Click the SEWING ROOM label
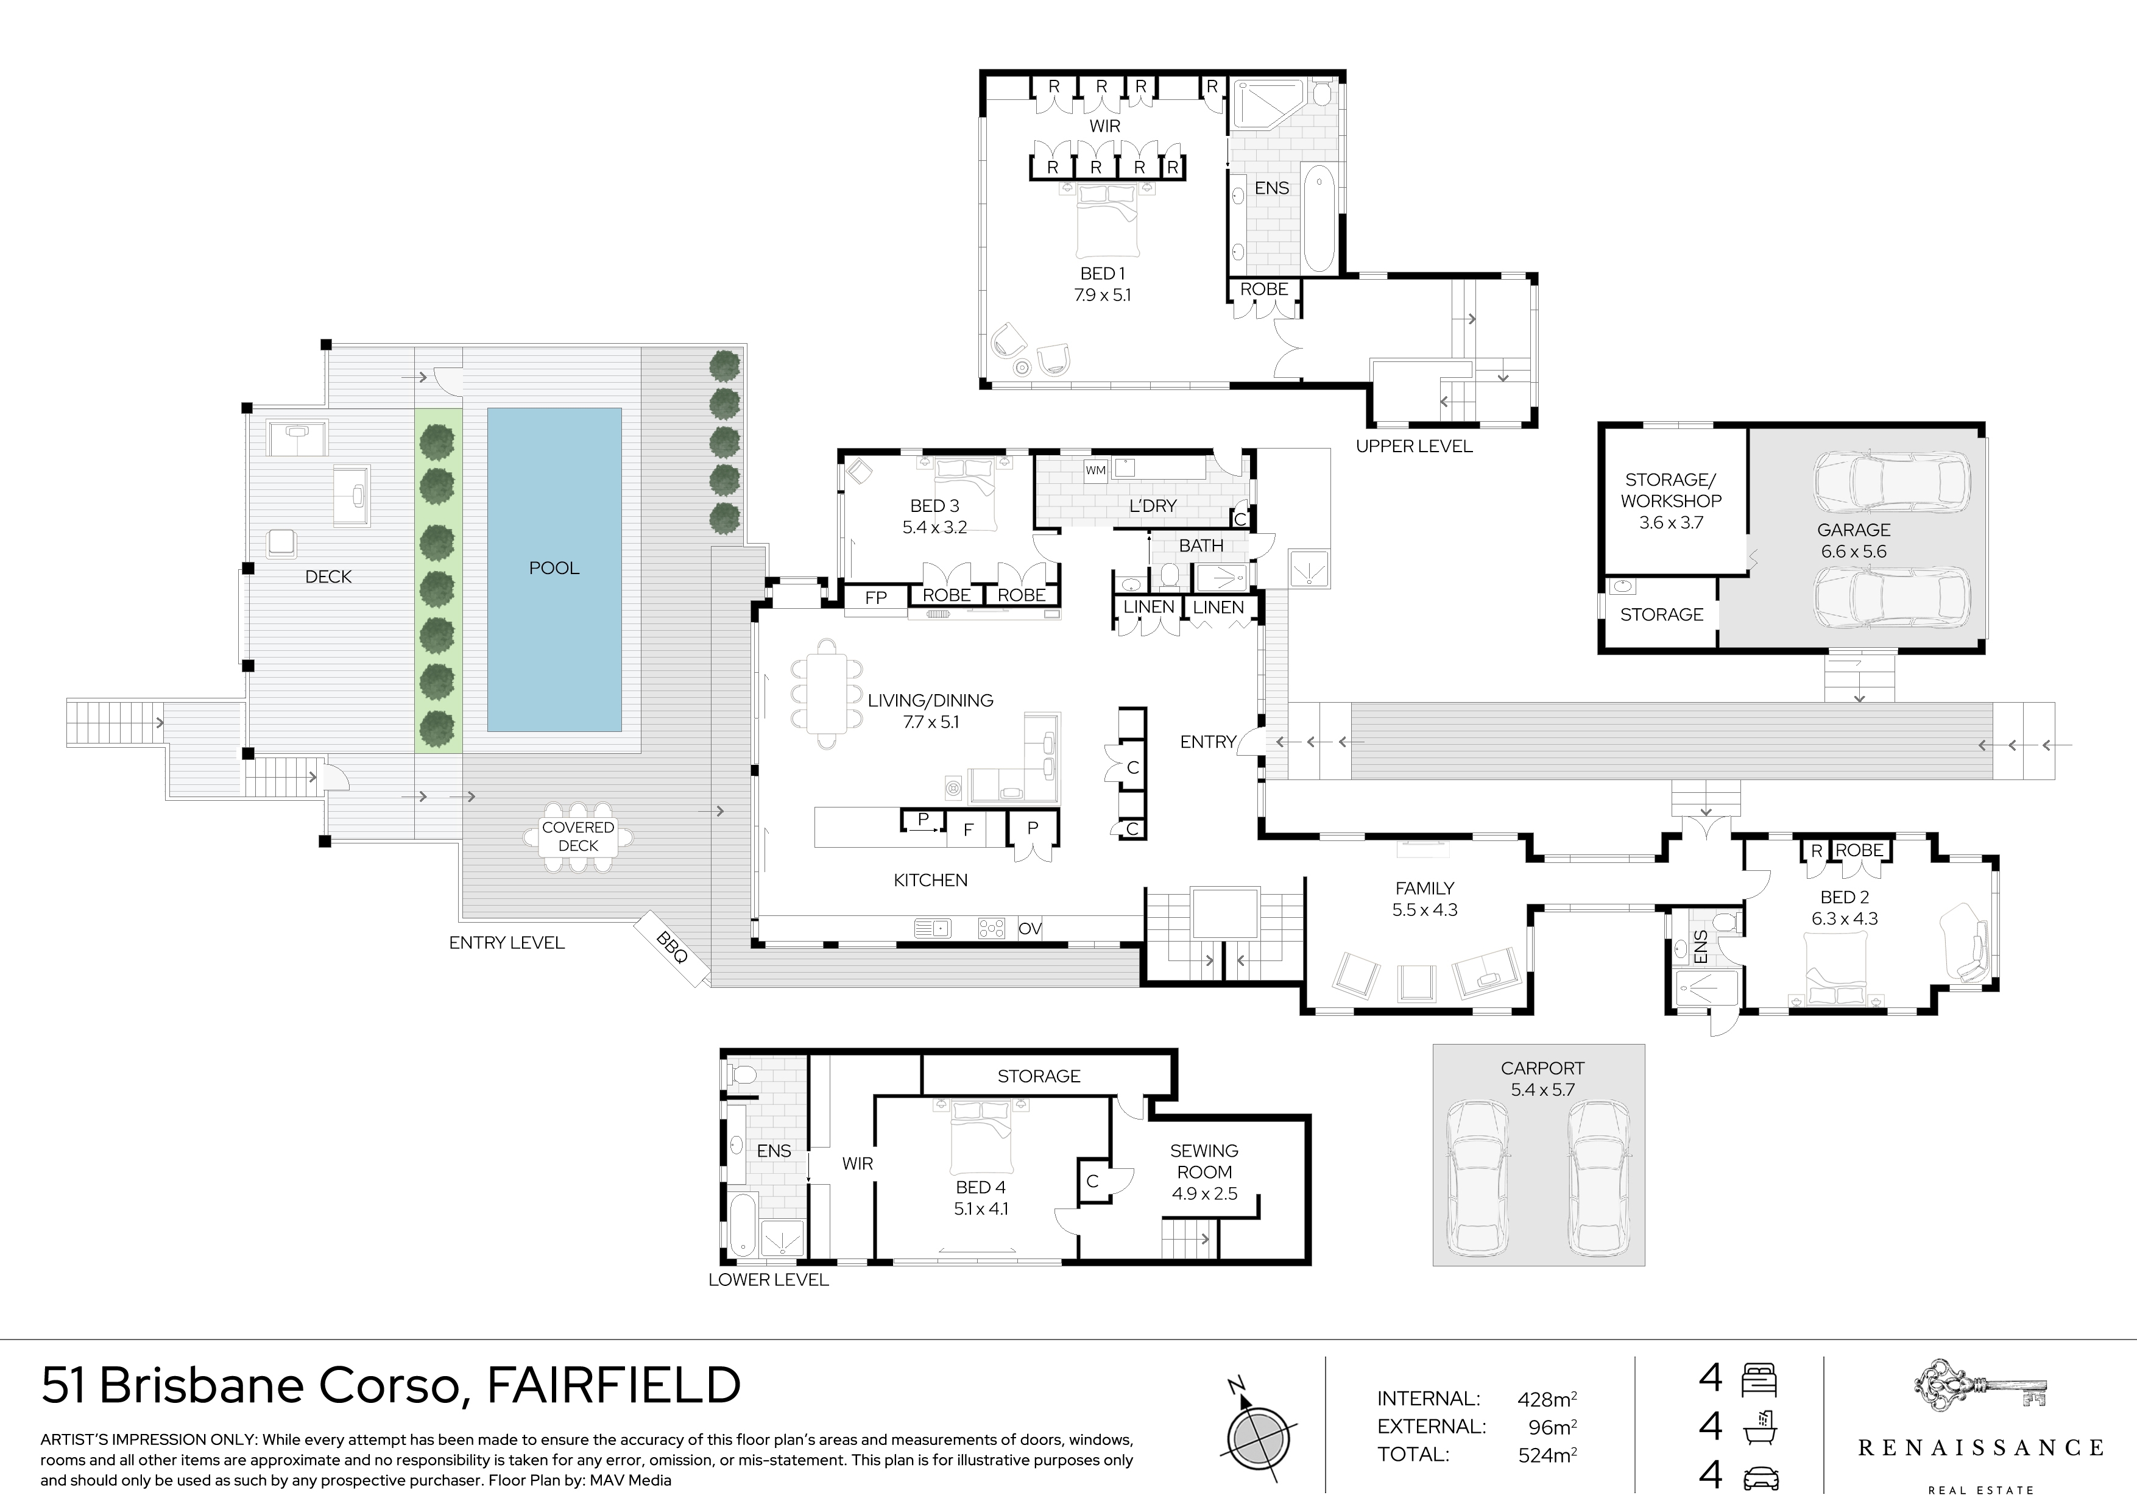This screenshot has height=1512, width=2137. coord(1204,1161)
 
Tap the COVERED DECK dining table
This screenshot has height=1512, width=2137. coord(578,837)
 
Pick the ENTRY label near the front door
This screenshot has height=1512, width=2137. coord(1207,742)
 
